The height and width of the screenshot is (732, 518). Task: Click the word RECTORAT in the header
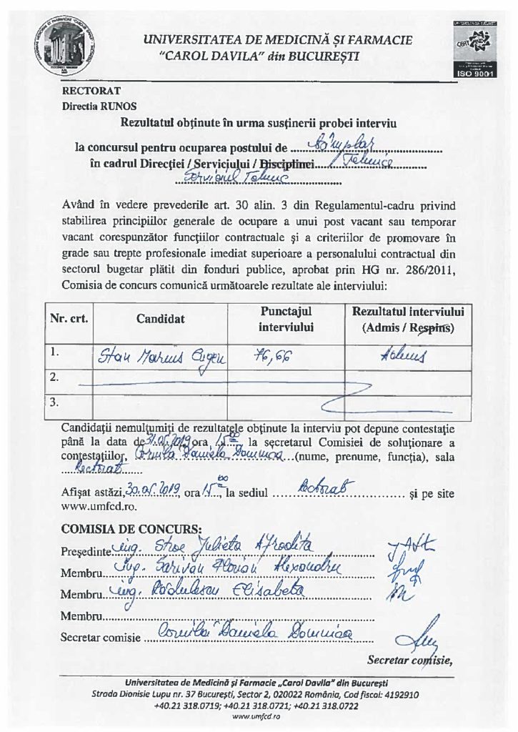tap(91, 91)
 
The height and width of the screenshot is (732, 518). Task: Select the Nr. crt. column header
tap(69, 319)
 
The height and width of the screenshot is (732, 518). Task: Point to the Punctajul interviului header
tap(286, 319)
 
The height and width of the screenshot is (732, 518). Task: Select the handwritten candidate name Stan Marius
tap(160, 356)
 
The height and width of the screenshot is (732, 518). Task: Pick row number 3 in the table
tap(54, 402)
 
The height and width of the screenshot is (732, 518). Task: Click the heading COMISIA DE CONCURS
tap(131, 529)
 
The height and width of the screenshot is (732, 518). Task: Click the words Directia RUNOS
tap(94, 104)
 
